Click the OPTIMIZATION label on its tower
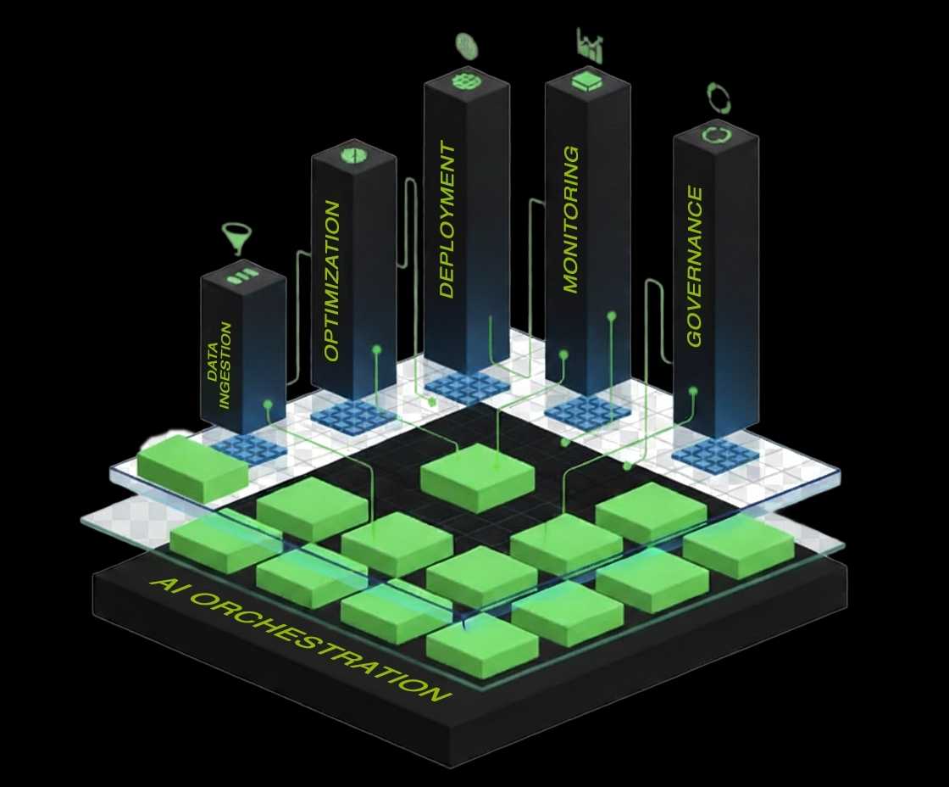(332, 281)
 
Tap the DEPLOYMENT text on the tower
(447, 220)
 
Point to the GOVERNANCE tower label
(695, 266)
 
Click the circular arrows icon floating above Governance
(719, 97)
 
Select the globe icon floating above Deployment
(466, 45)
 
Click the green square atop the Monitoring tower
(586, 81)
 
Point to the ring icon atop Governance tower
(715, 135)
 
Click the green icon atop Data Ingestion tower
(241, 276)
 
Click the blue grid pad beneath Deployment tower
(467, 387)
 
